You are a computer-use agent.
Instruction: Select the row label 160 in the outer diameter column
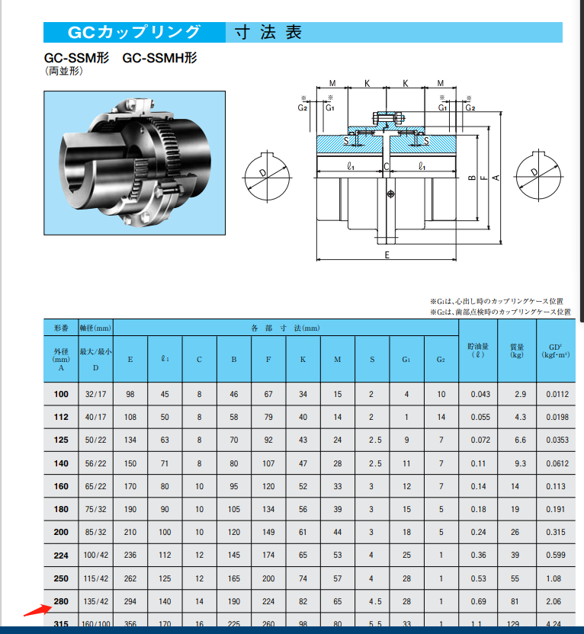61,486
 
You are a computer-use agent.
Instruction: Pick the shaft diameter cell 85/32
96,533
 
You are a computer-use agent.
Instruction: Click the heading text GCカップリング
135,32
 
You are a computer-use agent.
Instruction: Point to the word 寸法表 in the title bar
268,32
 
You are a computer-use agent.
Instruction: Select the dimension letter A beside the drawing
496,176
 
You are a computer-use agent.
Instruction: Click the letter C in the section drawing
387,165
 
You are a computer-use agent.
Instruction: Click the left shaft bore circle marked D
263,174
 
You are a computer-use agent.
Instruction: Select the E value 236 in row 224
130,556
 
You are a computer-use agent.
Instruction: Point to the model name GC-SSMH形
159,57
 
